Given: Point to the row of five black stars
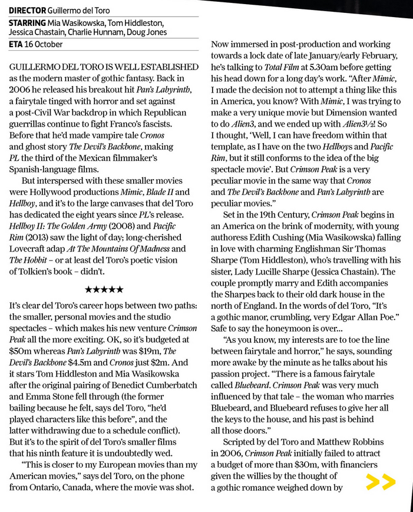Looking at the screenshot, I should (x=104, y=289).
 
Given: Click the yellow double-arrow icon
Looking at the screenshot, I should (x=380, y=482).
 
